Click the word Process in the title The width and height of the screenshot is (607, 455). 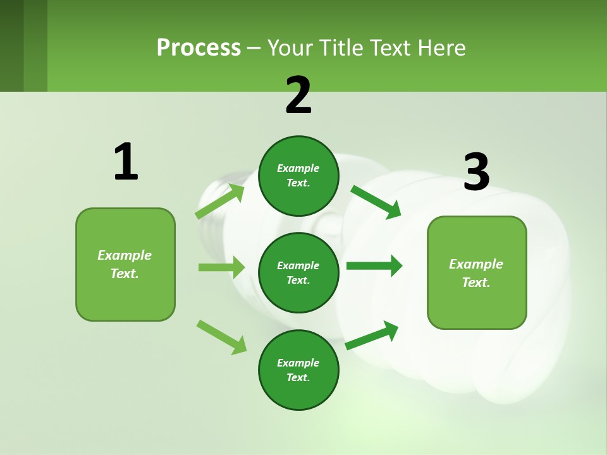pos(199,48)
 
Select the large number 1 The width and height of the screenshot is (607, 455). pos(126,162)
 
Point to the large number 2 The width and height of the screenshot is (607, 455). pos(298,96)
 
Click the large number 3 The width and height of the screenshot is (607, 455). pos(476,173)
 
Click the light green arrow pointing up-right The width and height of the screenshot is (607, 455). pos(220,202)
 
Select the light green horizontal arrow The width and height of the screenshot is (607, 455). pos(222,267)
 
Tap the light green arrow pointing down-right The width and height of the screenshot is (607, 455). pos(222,337)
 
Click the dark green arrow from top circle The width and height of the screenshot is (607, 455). pos(376,201)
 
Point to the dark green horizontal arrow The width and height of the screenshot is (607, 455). pos(374,265)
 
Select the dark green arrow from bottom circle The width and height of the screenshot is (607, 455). pos(372,335)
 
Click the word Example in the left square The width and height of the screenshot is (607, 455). pos(125,255)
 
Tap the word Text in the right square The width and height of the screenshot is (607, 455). pos(475,282)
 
